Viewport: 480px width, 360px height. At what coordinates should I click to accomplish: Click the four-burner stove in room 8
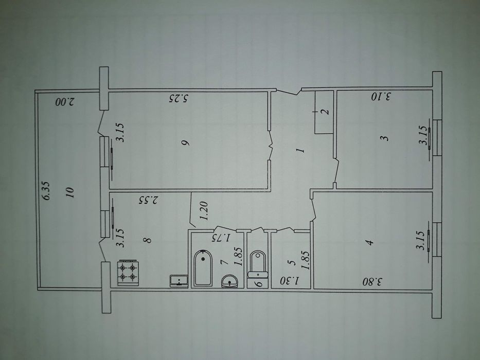pyautogui.click(x=128, y=273)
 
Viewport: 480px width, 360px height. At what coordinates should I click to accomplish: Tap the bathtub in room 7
pyautogui.click(x=203, y=268)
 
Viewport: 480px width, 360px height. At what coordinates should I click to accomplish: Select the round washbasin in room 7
pyautogui.click(x=229, y=281)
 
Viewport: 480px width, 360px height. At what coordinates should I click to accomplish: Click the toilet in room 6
pyautogui.click(x=258, y=264)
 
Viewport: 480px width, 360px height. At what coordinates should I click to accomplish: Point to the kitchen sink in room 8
pyautogui.click(x=179, y=281)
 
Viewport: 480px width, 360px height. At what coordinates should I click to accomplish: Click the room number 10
pyautogui.click(x=70, y=192)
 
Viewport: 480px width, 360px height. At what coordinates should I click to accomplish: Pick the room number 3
pyautogui.click(x=385, y=138)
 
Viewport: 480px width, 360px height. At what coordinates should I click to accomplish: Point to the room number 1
pyautogui.click(x=300, y=150)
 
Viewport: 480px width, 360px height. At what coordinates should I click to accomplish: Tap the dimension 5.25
pyautogui.click(x=179, y=99)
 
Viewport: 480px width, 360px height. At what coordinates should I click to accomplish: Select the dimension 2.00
pyautogui.click(x=65, y=102)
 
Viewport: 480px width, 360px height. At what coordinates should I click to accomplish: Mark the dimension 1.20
pyautogui.click(x=204, y=211)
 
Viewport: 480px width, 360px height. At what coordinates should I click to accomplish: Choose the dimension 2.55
pyautogui.click(x=149, y=200)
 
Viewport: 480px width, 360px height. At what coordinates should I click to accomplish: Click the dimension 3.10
pyautogui.click(x=381, y=97)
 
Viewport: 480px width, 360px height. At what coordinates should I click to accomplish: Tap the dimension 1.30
pyautogui.click(x=289, y=280)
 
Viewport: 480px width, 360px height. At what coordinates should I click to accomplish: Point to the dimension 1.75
pyautogui.click(x=222, y=238)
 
